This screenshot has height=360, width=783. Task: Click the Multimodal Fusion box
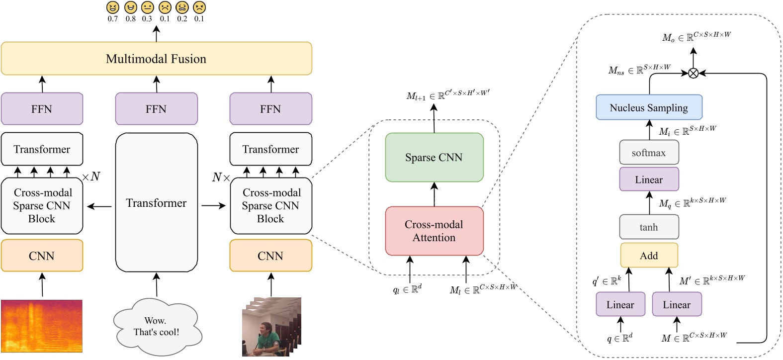pyautogui.click(x=156, y=59)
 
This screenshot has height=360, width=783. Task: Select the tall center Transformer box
pyautogui.click(x=156, y=202)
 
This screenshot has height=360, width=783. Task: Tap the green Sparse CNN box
pyautogui.click(x=434, y=157)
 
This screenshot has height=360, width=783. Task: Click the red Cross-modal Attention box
pyautogui.click(x=434, y=231)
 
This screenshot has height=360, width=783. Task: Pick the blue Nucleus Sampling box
pyautogui.click(x=649, y=107)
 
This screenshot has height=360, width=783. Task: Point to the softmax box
pyautogui.click(x=649, y=153)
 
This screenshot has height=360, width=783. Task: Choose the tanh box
pyautogui.click(x=649, y=227)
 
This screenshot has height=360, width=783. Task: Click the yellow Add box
pyautogui.click(x=649, y=256)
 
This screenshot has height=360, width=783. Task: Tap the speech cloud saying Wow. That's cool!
pyautogui.click(x=156, y=326)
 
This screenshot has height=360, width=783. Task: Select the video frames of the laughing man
pyautogui.click(x=271, y=327)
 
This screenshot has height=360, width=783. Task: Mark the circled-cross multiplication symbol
pyautogui.click(x=693, y=73)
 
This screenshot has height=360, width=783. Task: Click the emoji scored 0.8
pyautogui.click(x=130, y=7)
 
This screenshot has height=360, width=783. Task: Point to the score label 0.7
pyautogui.click(x=113, y=19)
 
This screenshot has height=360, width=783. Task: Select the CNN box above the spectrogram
pyautogui.click(x=42, y=256)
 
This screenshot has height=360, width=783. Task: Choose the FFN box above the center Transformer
pyautogui.click(x=156, y=109)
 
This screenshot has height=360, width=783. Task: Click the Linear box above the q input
pyautogui.click(x=620, y=304)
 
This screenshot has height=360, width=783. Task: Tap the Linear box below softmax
pyautogui.click(x=649, y=180)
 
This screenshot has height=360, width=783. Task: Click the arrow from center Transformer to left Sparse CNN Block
pyautogui.click(x=99, y=206)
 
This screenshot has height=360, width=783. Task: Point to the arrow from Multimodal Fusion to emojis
pyautogui.click(x=156, y=34)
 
